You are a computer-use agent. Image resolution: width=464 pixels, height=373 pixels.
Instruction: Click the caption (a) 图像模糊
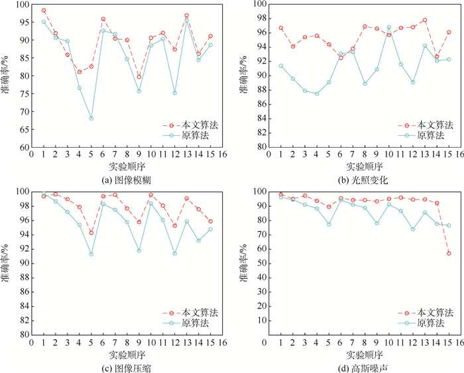[126, 179]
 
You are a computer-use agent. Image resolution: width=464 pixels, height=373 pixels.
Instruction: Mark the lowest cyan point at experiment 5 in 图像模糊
[91, 119]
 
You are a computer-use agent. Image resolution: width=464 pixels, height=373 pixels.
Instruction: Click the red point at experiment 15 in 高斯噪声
[448, 253]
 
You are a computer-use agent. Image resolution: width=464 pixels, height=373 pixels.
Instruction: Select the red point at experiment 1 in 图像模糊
[44, 11]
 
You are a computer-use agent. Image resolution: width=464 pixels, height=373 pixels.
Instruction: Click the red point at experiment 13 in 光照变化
[424, 21]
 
